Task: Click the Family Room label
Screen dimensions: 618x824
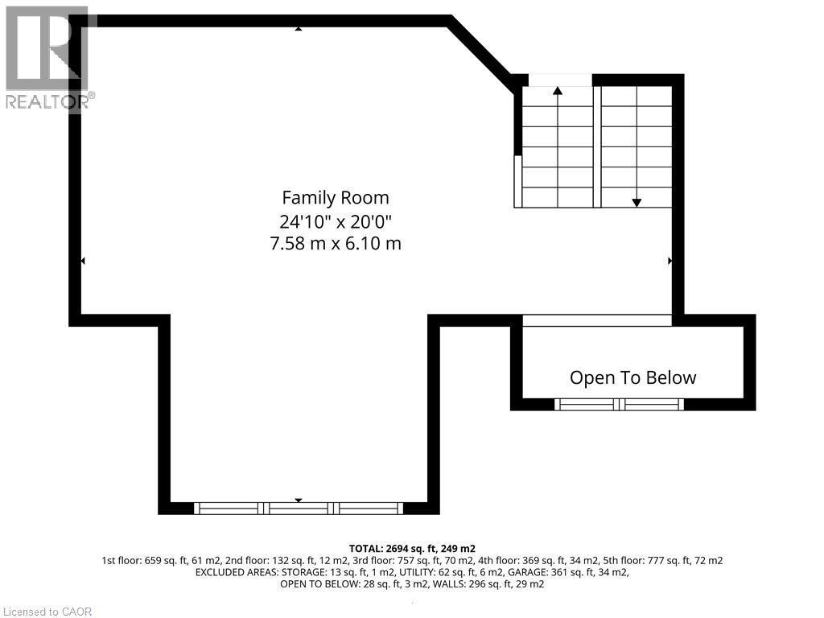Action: click(335, 197)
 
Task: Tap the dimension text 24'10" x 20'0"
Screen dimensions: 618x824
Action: click(335, 220)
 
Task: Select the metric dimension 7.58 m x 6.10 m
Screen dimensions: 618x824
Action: click(335, 242)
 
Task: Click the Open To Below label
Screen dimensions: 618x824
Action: click(632, 377)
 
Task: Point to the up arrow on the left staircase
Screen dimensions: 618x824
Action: click(558, 91)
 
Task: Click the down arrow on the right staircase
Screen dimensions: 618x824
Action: click(637, 202)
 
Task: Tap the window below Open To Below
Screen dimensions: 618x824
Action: click(620, 404)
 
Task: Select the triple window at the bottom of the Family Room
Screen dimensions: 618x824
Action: click(299, 508)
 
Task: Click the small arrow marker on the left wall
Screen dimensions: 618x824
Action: click(82, 261)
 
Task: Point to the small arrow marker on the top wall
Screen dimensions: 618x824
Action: click(299, 27)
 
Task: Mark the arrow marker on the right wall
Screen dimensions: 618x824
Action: click(670, 261)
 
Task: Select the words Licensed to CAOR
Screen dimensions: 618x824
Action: click(47, 612)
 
